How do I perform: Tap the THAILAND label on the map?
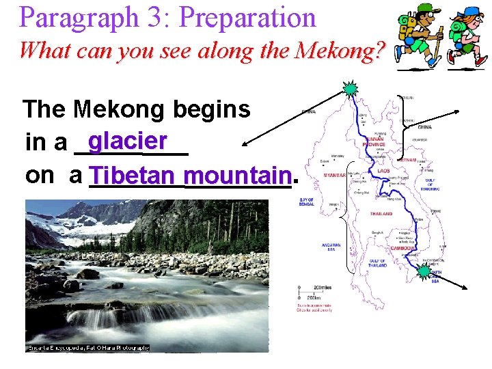381,214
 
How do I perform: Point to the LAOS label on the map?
383,171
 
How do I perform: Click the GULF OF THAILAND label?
377,263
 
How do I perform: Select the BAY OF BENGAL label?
307,202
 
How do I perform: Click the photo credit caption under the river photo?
87,348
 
